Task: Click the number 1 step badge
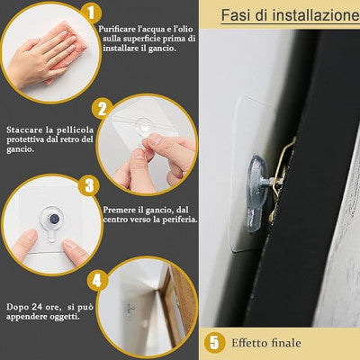click(90, 13)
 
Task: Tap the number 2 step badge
click(103, 109)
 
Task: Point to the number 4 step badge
click(97, 280)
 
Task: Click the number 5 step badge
click(214, 342)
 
